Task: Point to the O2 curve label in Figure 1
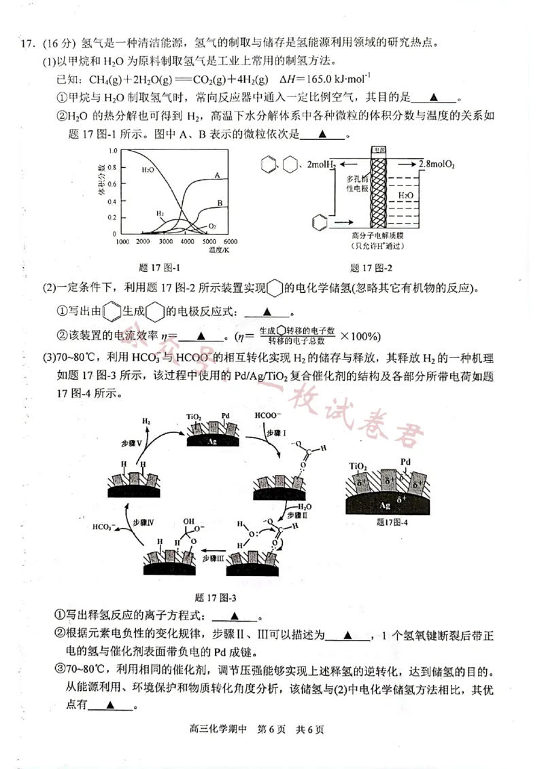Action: [212, 226]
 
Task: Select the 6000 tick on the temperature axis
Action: [229, 242]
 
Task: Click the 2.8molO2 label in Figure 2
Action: [437, 164]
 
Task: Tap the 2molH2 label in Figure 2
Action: [320, 164]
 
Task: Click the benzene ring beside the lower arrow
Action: [318, 221]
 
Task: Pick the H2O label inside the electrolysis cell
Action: [405, 195]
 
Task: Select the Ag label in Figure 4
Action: [385, 505]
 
